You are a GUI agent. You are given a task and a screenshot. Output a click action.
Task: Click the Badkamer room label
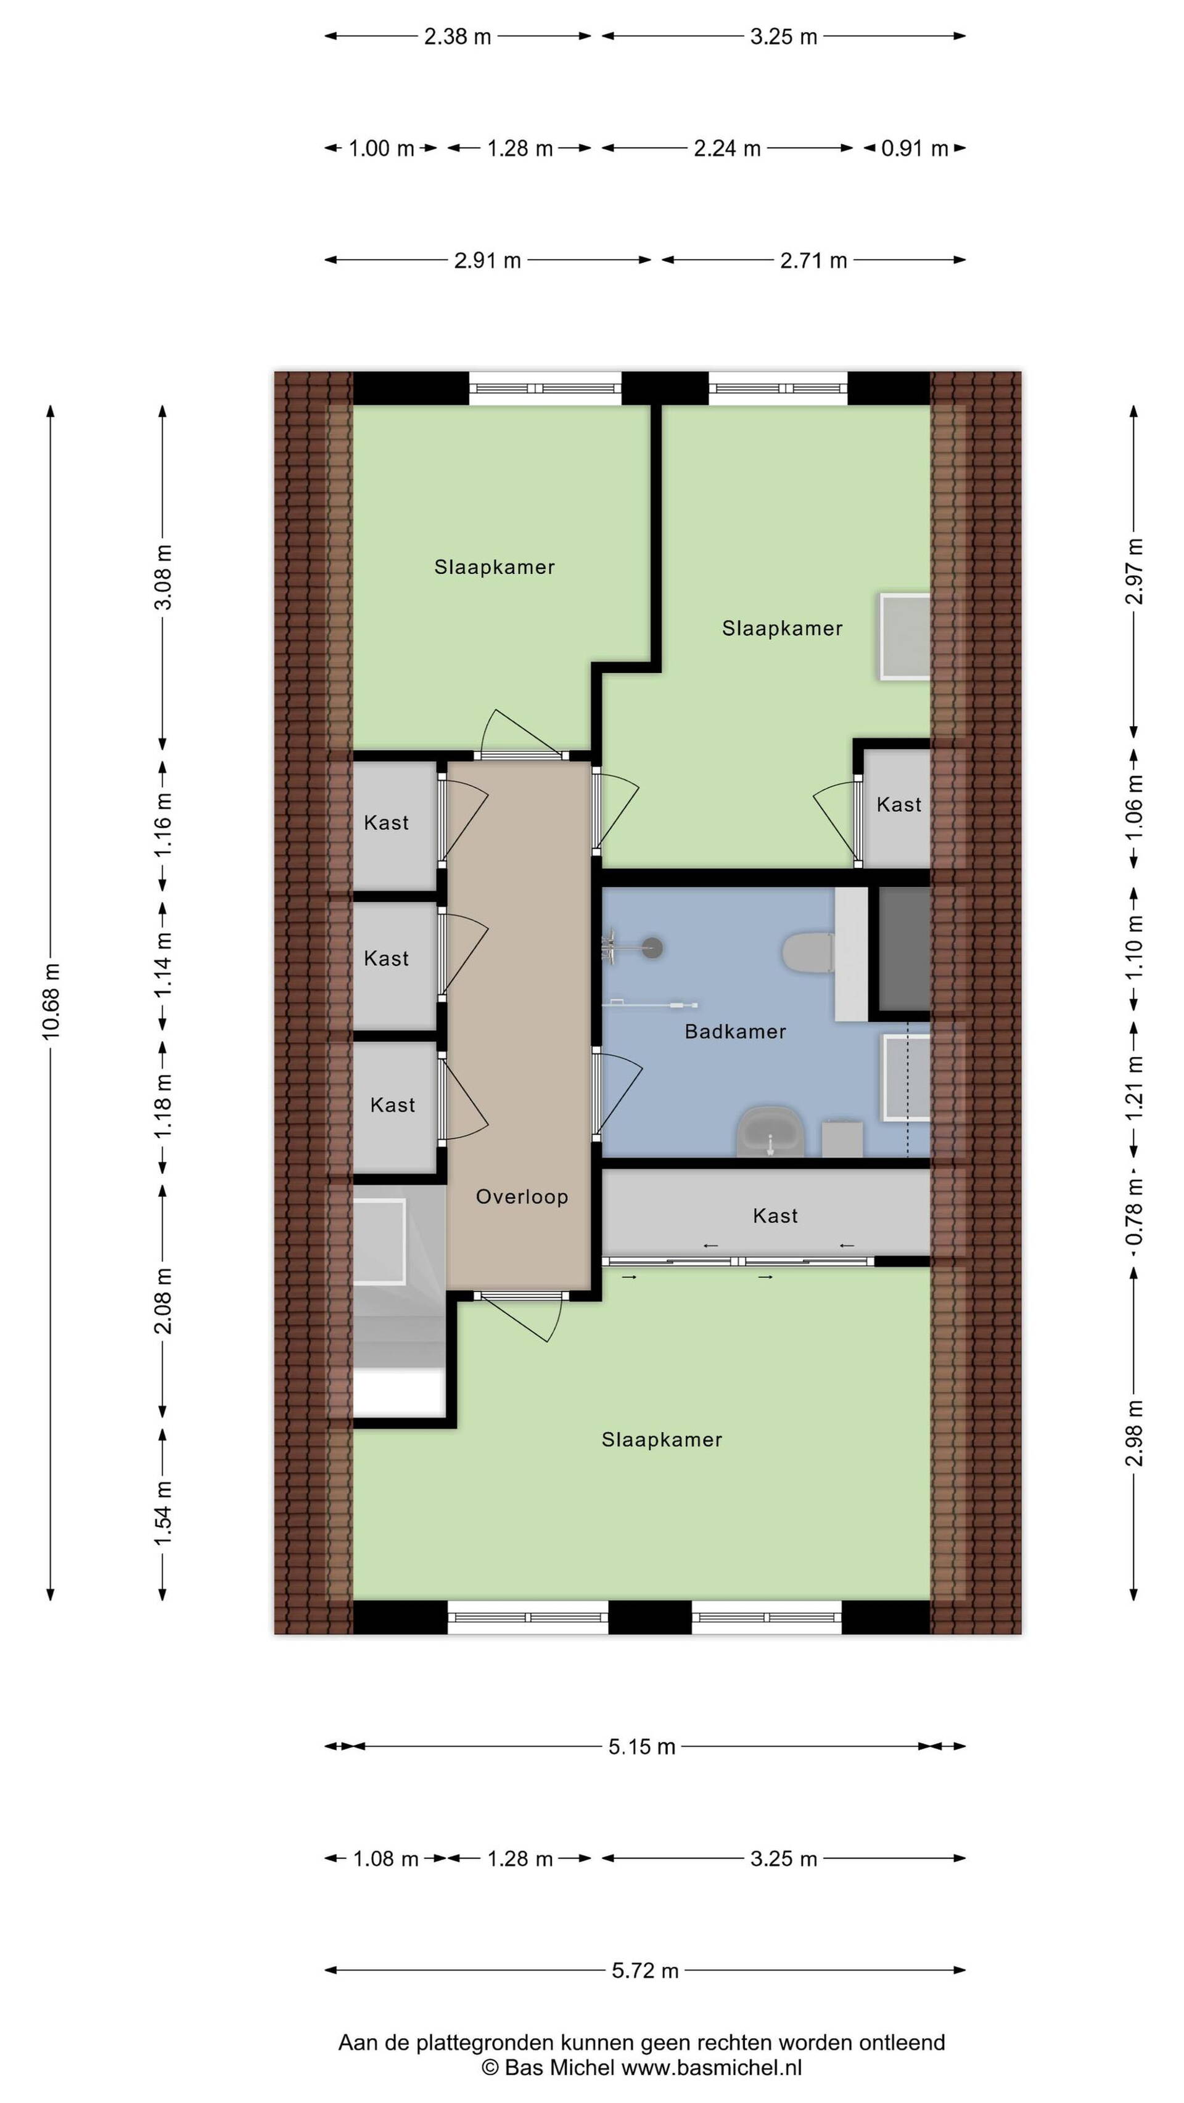click(735, 1031)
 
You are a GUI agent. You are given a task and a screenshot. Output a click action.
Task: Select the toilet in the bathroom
click(808, 952)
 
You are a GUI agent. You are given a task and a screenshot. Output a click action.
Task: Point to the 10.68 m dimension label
click(51, 1002)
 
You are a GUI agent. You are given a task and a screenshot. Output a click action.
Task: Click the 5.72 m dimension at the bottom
click(645, 1970)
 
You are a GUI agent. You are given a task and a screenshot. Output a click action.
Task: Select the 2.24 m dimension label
click(726, 149)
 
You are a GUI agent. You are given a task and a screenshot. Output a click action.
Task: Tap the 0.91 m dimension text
click(915, 149)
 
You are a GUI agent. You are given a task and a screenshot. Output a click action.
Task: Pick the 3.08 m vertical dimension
click(163, 577)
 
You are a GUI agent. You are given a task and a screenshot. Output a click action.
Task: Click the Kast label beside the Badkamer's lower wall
click(775, 1215)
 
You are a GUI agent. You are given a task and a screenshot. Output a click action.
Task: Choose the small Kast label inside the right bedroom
click(898, 804)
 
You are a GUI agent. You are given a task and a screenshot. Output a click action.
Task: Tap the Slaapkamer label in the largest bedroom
click(662, 1439)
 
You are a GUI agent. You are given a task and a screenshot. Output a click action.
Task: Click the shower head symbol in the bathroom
click(652, 947)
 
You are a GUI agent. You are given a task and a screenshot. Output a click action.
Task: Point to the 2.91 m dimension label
click(488, 261)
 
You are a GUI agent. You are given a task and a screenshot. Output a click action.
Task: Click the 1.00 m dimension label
click(381, 149)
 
